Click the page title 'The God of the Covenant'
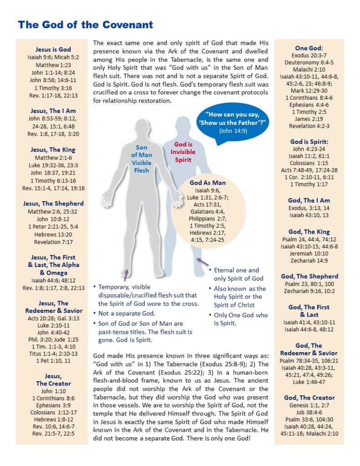pos(86,25)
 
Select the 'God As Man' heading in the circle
pos(208,183)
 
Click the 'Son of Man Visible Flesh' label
pos(141,159)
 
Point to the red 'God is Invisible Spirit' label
pos(183,152)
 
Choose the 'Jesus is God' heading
pos(53,50)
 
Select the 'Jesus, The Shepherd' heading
pos(53,204)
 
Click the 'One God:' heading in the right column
pos(309,48)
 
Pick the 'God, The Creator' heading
pos(309,398)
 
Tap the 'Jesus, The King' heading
pos(53,150)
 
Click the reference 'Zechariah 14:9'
pos(309,261)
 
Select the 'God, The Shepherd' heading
pos(309,277)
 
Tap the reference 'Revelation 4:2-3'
pos(309,126)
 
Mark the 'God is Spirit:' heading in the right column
pos(309,142)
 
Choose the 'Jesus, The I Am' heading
pos(53,111)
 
